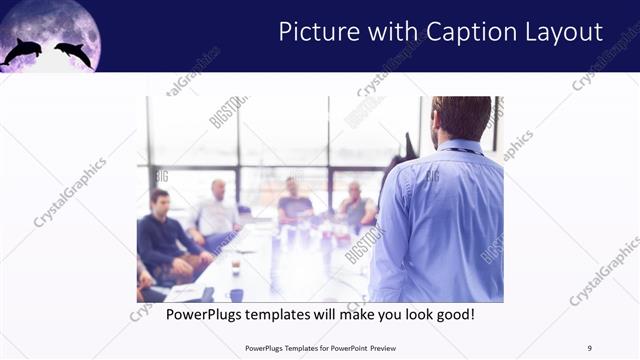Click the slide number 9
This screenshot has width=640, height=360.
(590, 348)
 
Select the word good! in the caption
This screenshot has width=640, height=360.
(452, 314)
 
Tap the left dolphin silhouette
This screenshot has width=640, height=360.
(22, 52)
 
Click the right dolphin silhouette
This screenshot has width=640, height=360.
(73, 52)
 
